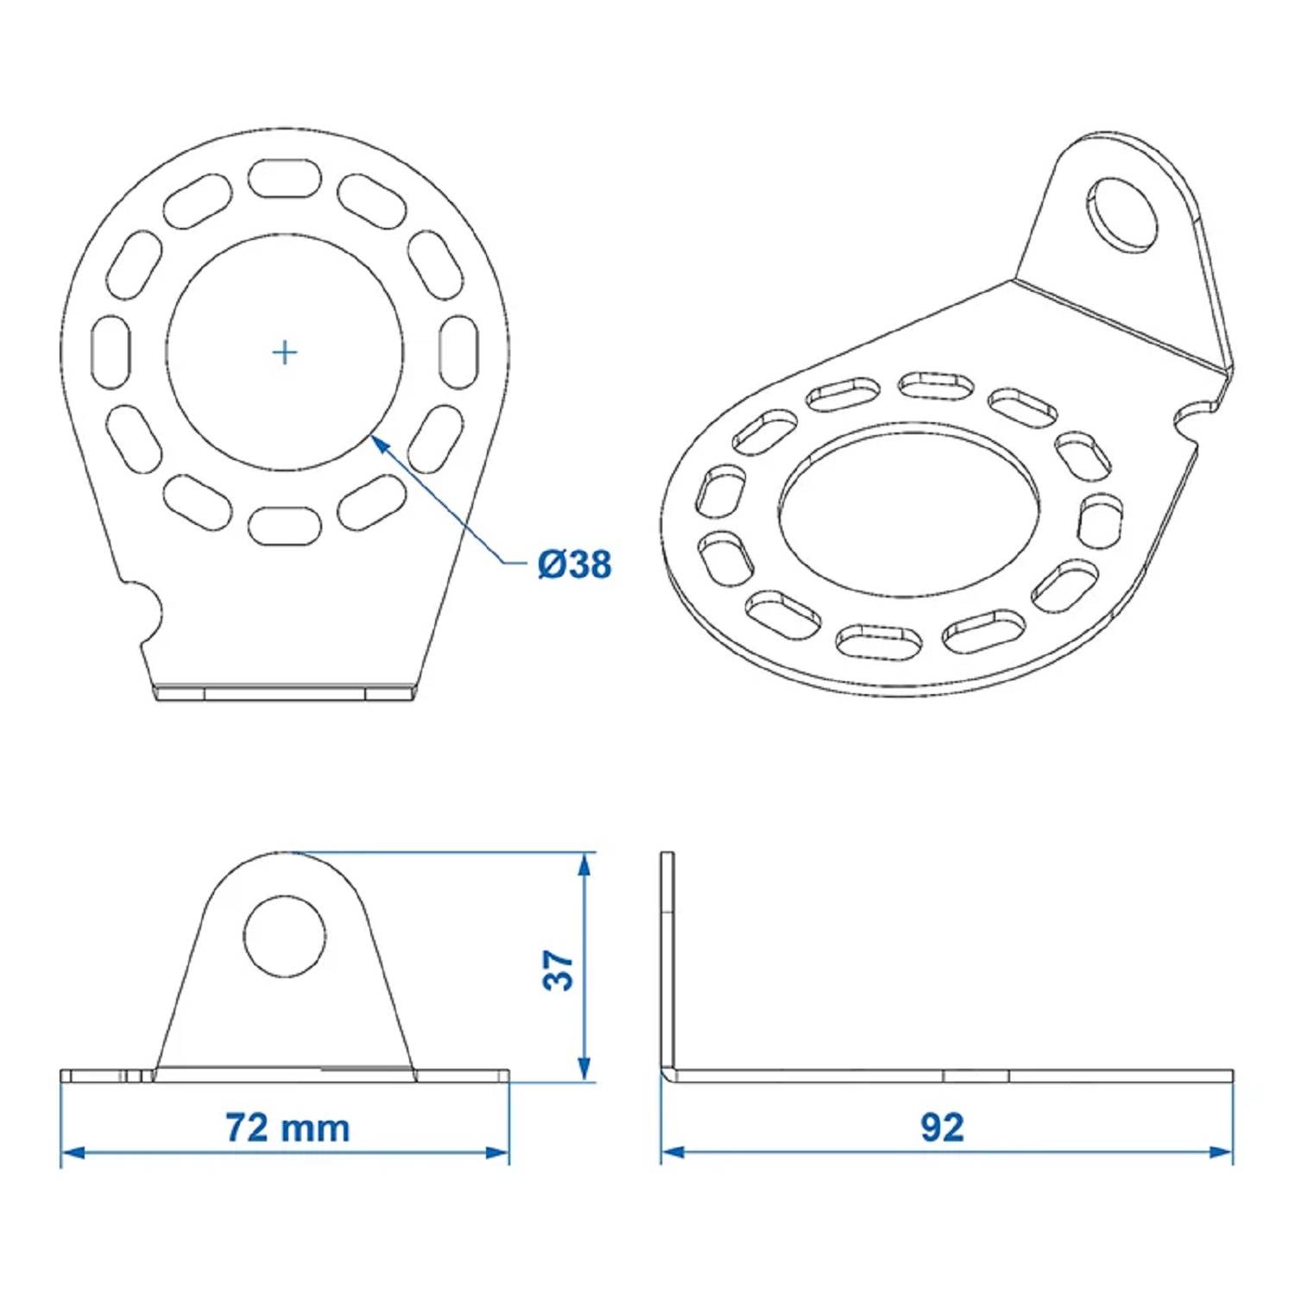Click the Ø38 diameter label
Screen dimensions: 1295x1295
tap(574, 565)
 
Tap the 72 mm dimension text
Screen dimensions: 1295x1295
tap(287, 1128)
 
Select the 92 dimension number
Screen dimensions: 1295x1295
tap(941, 1128)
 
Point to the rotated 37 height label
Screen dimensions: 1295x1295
tap(559, 970)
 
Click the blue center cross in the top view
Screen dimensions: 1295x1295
tap(284, 352)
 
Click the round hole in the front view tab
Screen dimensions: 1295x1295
tap(285, 936)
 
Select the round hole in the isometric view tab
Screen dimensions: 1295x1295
tap(1121, 214)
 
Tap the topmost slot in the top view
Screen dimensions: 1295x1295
tap(284, 178)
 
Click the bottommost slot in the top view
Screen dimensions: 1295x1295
tap(284, 526)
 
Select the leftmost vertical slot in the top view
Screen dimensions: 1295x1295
tap(111, 352)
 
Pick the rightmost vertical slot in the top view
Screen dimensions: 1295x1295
tap(458, 352)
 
